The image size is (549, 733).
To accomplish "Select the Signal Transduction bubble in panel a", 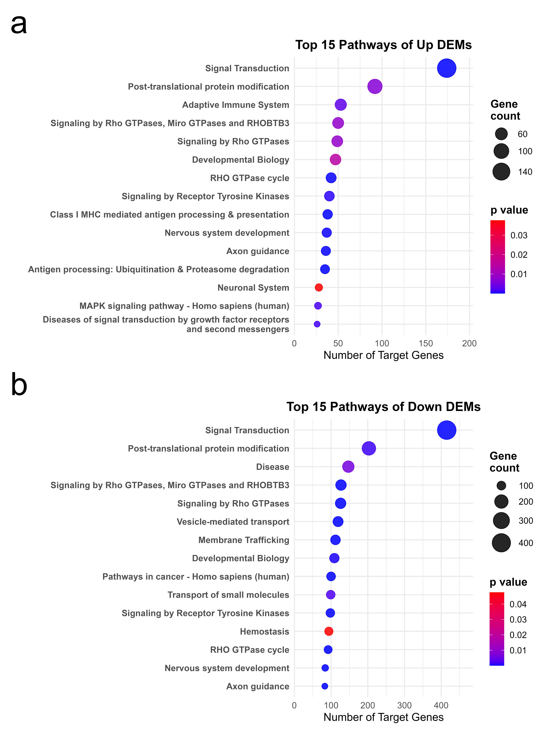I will (446, 68).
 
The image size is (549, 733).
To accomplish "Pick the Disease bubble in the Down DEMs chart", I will (348, 467).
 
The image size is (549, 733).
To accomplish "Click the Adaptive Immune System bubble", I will (340, 105).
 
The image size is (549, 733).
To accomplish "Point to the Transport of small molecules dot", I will (331, 595).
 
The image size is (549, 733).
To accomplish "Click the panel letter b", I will (19, 384).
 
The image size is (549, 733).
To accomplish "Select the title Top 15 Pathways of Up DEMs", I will (383, 45).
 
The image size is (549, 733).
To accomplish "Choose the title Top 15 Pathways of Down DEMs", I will (383, 407).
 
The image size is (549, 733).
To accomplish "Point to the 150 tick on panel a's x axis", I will (426, 343).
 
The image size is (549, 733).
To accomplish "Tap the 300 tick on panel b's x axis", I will (404, 705).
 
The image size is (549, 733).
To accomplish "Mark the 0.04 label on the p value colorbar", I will (518, 604).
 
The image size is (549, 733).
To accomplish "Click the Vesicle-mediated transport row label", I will (233, 522).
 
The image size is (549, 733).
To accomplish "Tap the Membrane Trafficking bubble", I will (335, 540).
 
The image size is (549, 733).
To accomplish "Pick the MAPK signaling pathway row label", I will (184, 306).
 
